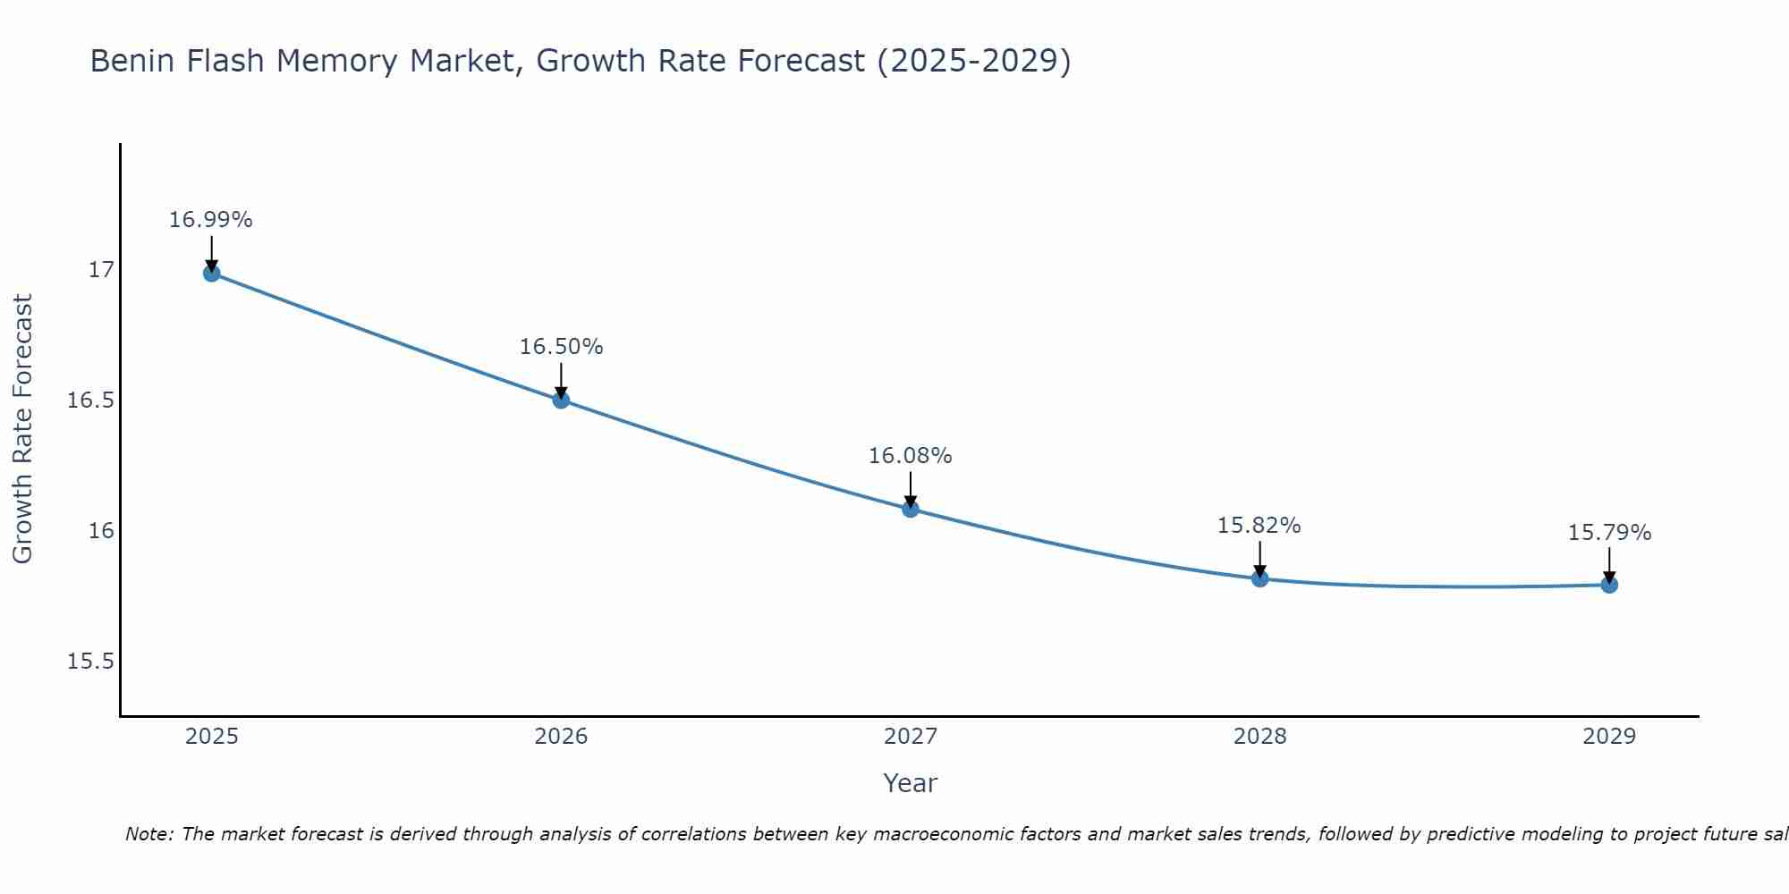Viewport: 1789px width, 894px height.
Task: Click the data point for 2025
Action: [x=212, y=273]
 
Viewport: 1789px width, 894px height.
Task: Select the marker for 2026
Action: [x=561, y=400]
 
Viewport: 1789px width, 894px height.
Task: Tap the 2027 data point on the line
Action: [x=911, y=509]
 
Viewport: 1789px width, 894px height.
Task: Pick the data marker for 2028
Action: [x=1259, y=578]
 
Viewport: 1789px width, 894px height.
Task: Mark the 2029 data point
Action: [x=1609, y=585]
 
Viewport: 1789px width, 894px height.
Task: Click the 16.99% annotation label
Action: [x=211, y=220]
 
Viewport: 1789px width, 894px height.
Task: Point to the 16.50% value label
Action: [x=561, y=347]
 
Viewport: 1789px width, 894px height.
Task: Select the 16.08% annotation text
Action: [x=911, y=456]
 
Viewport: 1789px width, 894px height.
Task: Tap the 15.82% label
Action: [x=1259, y=526]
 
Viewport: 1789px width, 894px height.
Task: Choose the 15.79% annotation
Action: [x=1609, y=533]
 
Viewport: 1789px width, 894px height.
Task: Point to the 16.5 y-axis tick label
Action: [x=91, y=401]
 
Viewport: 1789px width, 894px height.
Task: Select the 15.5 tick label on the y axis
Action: [x=91, y=662]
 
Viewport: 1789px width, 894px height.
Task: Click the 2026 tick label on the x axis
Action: [x=561, y=737]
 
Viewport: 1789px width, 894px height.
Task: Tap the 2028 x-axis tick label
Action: [x=1259, y=737]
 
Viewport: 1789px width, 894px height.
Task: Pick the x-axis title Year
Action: [x=910, y=783]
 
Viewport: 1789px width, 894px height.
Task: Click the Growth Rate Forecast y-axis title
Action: [x=23, y=429]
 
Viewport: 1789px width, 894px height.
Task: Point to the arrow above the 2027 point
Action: [x=911, y=489]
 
